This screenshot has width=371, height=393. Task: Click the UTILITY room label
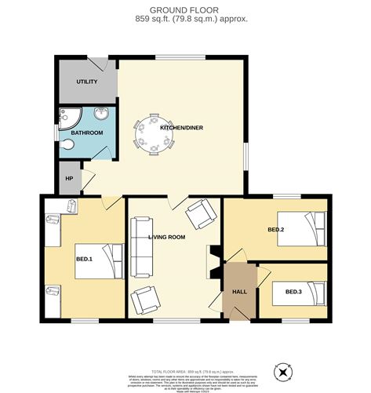click(x=86, y=82)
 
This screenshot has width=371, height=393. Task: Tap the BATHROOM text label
click(x=86, y=133)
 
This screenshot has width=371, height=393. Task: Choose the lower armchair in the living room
click(x=145, y=300)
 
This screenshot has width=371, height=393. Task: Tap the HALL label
click(x=239, y=291)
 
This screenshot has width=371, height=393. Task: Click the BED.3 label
click(x=293, y=292)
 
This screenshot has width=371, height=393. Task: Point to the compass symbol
click(x=282, y=371)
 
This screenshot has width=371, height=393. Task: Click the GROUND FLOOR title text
click(x=185, y=9)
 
